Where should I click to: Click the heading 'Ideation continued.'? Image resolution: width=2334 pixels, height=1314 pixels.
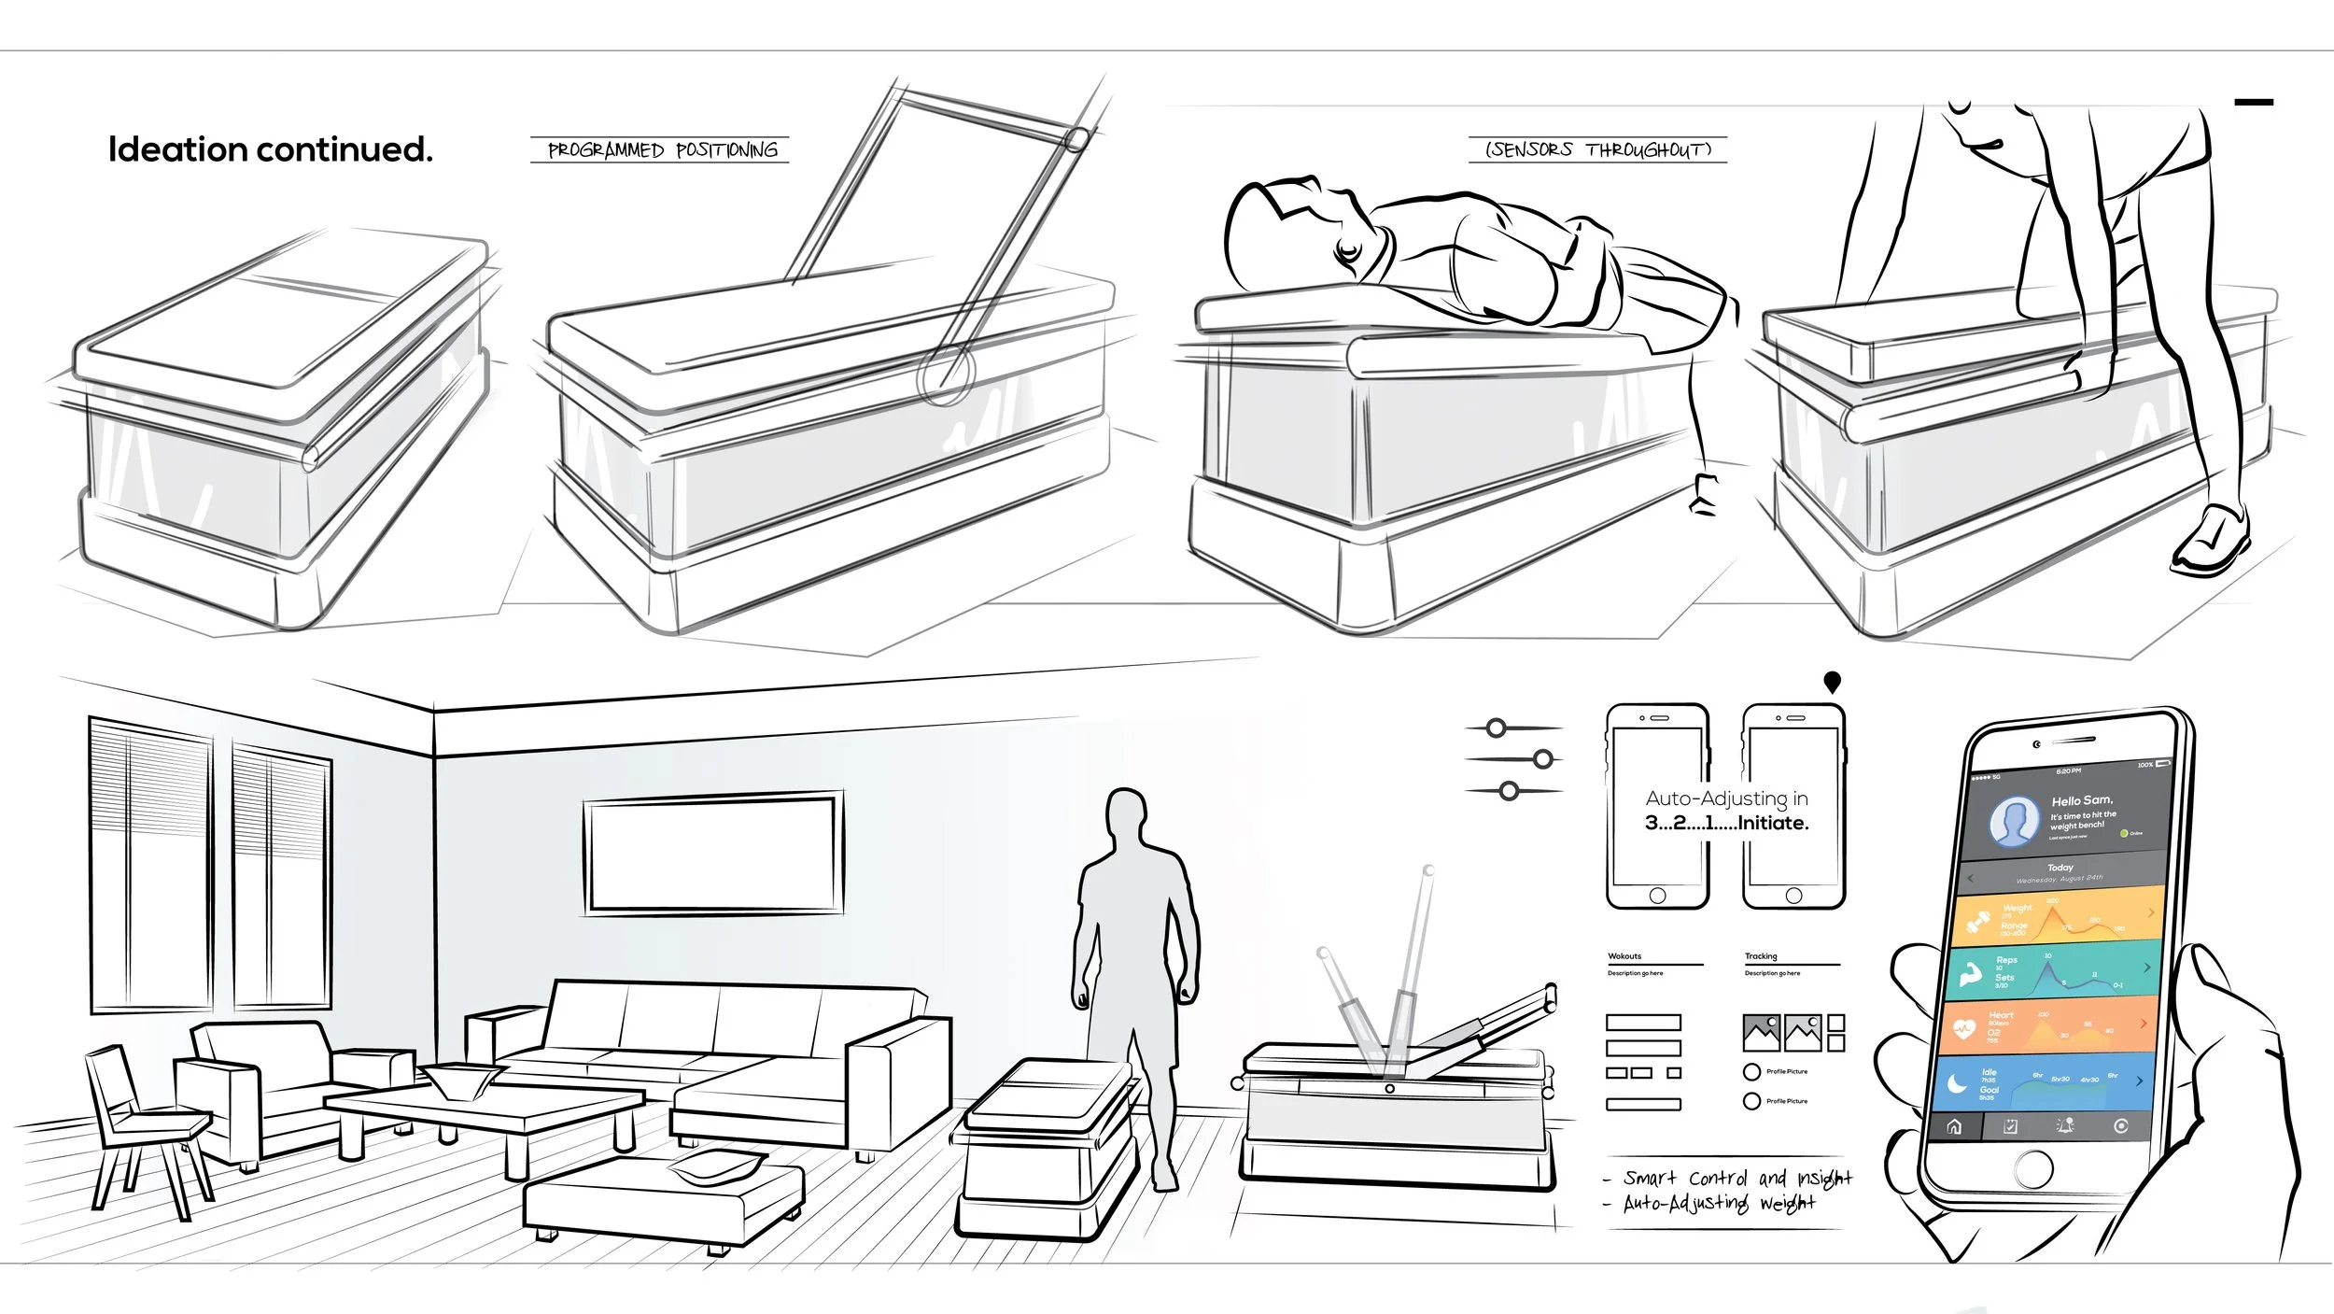point(271,149)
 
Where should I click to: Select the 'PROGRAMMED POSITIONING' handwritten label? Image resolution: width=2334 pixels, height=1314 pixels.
point(661,150)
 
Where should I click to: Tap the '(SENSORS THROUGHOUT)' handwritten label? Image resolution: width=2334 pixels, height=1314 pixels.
point(1598,149)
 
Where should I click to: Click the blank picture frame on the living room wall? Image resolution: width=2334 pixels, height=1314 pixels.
point(714,852)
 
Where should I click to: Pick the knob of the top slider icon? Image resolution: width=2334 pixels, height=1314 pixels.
point(1497,728)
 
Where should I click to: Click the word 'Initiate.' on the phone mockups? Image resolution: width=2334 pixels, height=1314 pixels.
point(1773,823)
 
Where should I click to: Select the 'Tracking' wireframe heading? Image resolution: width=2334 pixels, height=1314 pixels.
point(1761,956)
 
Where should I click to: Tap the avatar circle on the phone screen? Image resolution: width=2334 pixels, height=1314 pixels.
point(2014,822)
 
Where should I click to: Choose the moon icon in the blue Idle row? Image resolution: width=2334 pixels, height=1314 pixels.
point(1957,1083)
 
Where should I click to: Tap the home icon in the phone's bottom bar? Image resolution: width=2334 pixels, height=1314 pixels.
point(1954,1127)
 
